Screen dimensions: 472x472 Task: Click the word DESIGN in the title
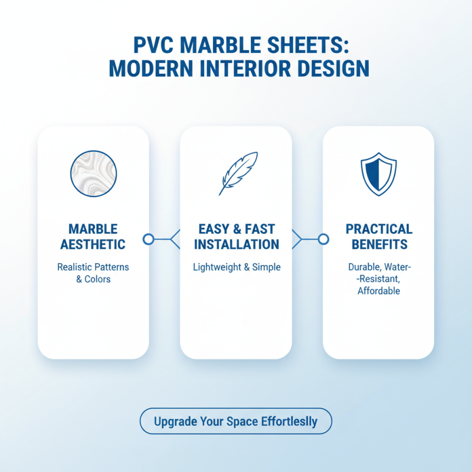coord(336,68)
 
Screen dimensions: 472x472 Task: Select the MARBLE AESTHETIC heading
coord(93,237)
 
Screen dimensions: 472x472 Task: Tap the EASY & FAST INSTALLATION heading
coord(237,237)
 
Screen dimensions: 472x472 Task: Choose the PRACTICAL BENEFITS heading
coord(379,237)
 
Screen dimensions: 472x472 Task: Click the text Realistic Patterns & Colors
coord(93,273)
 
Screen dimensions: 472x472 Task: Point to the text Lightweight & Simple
coord(237,267)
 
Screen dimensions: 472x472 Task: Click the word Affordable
coord(379,291)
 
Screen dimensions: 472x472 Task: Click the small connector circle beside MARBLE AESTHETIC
coord(149,239)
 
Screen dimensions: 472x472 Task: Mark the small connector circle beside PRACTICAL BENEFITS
coord(323,239)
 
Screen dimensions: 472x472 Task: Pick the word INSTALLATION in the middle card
coord(237,244)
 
